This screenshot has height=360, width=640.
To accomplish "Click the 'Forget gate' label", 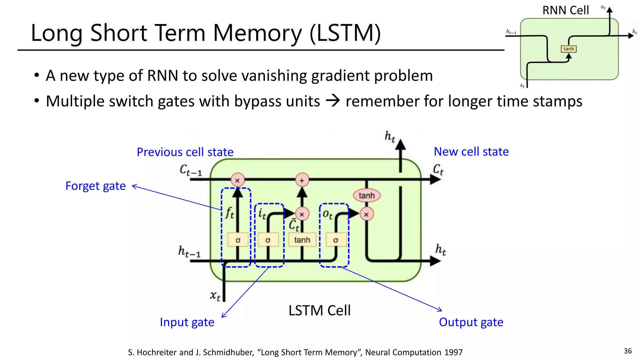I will pyautogui.click(x=95, y=186).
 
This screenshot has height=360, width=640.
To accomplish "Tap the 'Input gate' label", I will pyautogui.click(x=187, y=322).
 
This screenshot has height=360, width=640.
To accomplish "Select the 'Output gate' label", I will pyautogui.click(x=471, y=322).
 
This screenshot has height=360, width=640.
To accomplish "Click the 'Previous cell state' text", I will pyautogui.click(x=185, y=152).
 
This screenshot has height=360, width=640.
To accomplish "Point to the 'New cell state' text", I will pyautogui.click(x=471, y=152).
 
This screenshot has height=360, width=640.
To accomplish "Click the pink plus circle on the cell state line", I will pyautogui.click(x=302, y=180).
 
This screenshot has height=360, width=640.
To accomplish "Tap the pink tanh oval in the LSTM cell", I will pyautogui.click(x=367, y=196).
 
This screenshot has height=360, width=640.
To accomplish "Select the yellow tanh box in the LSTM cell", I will pyautogui.click(x=302, y=240).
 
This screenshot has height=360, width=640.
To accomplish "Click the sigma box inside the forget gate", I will pyautogui.click(x=238, y=240).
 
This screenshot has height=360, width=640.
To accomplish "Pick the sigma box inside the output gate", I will pyautogui.click(x=336, y=240).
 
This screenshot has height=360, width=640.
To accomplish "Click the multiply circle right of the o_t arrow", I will pyautogui.click(x=366, y=214).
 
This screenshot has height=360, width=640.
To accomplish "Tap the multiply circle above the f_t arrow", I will pyautogui.click(x=237, y=180).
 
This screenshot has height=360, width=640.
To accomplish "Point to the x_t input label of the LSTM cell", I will pyautogui.click(x=215, y=295).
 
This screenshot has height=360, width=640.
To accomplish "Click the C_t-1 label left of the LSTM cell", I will pyautogui.click(x=191, y=170).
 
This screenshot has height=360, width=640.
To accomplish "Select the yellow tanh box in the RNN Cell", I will pyautogui.click(x=568, y=49).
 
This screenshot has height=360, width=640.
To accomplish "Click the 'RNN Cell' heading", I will pyautogui.click(x=565, y=10).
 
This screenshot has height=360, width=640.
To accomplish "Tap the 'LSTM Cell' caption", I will pyautogui.click(x=319, y=311).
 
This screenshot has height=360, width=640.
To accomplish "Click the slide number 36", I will pyautogui.click(x=627, y=351).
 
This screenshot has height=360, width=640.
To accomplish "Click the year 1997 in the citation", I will pyautogui.click(x=453, y=352).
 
